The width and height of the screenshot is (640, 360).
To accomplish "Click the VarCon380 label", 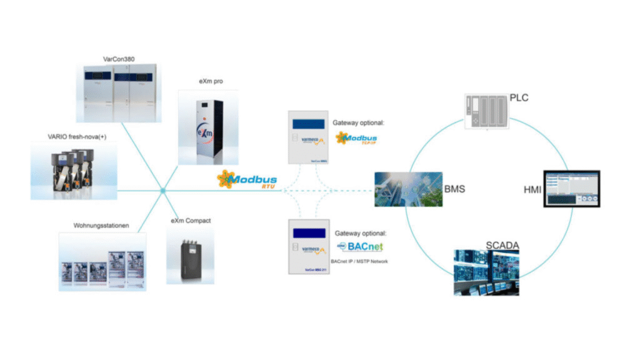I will pos(118,59).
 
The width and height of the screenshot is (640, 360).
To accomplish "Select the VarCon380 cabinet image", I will pos(119,93).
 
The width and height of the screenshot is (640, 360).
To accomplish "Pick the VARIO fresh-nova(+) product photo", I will pos(73,170).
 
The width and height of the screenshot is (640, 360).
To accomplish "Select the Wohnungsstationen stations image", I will pos(102,261).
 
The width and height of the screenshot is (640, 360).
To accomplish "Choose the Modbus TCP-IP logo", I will pos(356,138).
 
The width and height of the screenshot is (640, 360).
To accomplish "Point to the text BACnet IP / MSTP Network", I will pos(359,261).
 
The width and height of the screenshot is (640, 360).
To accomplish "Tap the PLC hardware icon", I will pos(485,111).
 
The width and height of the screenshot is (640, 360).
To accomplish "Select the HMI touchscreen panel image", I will pos(571,188).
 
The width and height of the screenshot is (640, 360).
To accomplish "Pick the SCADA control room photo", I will pos(486,271).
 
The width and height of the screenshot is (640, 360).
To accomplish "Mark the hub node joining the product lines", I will pos(162,190).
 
